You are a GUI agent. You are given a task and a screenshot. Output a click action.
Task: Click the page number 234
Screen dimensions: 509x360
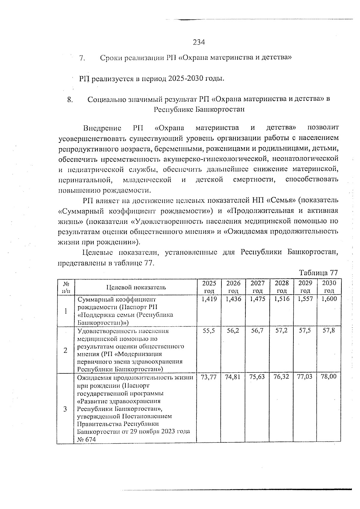click(198, 42)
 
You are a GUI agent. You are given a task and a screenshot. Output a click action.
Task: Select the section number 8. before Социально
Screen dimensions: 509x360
click(70, 100)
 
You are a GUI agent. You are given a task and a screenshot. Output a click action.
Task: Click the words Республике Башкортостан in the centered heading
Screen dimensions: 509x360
click(199, 109)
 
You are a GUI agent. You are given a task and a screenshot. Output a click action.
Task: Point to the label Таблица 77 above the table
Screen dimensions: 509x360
click(318, 273)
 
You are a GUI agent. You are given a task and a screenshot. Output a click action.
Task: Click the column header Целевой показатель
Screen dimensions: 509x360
click(136, 287)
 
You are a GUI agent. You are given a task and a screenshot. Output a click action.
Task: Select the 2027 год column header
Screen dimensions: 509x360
click(257, 287)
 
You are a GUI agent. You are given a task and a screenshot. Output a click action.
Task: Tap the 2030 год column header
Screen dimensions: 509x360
click(329, 287)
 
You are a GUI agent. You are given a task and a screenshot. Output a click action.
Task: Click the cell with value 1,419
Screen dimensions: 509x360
click(209, 299)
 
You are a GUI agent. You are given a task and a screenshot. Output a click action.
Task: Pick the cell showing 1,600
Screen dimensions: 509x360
click(329, 299)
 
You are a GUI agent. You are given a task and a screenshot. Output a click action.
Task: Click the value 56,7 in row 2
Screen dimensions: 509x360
click(257, 331)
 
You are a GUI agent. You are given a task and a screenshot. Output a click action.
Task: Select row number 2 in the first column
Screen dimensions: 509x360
click(65, 350)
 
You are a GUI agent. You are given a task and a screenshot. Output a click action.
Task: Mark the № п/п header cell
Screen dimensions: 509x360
click(65, 287)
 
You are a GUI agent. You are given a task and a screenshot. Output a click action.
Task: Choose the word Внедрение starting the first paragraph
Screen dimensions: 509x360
click(102, 128)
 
